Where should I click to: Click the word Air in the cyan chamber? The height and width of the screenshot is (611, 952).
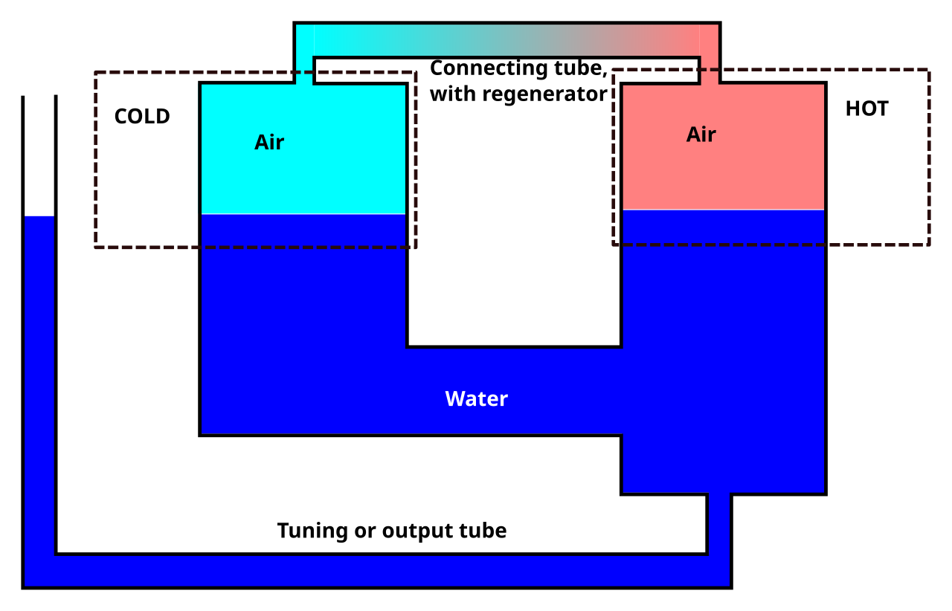coord(269,142)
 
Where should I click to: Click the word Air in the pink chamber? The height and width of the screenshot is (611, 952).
coord(701,135)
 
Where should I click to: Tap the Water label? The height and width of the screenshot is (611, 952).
coord(476,399)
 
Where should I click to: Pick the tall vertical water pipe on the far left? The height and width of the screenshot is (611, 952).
coord(39,372)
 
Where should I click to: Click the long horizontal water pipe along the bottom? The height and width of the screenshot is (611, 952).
coord(372,571)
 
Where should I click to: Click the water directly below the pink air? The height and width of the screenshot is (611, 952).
coord(723,297)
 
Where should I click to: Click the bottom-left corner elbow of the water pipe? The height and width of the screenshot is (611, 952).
coord(39,571)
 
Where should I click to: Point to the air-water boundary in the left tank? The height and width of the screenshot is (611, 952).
coord(303,214)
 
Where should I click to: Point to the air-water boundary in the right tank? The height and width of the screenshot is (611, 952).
coord(723,210)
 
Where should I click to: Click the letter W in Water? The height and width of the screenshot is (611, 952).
coord(453,399)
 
